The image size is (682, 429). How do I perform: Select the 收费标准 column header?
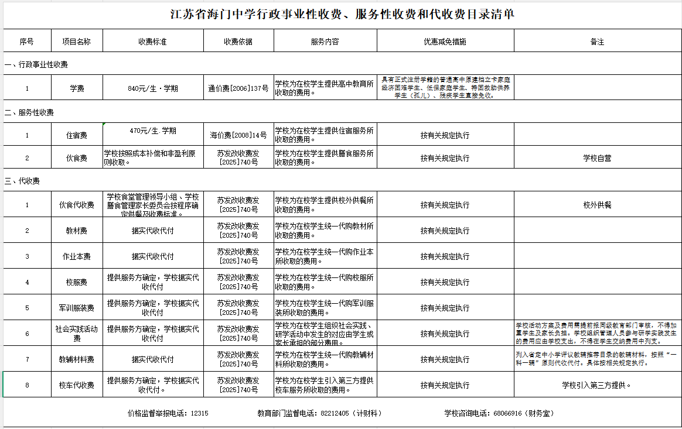point(152,42)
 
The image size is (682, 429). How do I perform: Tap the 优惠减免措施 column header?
point(445,42)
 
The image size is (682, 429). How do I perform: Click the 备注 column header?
point(597,42)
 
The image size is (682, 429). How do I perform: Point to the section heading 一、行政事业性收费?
point(36,64)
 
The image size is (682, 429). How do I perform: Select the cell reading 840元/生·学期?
point(152,89)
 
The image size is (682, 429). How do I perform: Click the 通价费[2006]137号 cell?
point(238,89)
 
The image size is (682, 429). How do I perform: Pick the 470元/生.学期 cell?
point(152,131)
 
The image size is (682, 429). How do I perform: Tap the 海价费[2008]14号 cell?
point(238,135)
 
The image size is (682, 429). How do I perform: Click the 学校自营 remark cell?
point(597,158)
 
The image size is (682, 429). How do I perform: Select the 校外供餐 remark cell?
point(597,205)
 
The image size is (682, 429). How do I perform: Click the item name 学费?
point(77,89)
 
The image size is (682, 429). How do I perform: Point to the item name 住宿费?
point(77,135)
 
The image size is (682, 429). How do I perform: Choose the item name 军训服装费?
point(77,308)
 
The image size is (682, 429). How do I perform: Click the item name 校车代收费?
point(77,385)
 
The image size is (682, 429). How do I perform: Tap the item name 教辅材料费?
point(77,359)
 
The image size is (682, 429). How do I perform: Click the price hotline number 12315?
point(200,413)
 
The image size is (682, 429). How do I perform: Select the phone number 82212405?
point(335,413)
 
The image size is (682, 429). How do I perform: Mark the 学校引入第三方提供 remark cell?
point(597,385)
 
